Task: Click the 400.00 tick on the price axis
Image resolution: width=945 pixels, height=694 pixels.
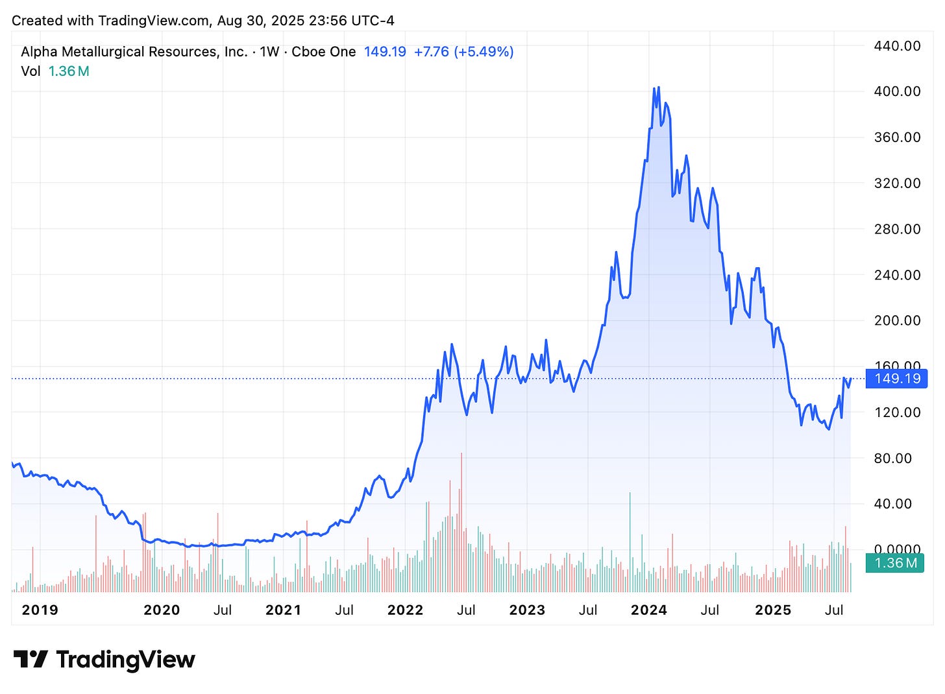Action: (897, 91)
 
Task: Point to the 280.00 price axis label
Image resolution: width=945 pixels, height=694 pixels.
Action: (897, 229)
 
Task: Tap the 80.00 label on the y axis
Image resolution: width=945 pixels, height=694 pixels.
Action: (897, 458)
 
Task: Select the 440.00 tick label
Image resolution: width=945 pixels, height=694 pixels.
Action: (897, 46)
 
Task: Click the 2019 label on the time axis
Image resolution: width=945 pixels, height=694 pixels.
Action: (40, 610)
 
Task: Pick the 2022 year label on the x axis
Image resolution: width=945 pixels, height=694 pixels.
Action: (405, 610)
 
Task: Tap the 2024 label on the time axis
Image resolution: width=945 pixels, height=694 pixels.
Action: (648, 610)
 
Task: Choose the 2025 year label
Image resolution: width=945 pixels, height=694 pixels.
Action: (773, 610)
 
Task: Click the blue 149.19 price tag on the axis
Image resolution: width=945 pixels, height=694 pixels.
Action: (897, 378)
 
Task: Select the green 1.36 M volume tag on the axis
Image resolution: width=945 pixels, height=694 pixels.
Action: (896, 563)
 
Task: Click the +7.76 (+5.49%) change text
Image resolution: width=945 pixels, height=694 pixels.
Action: (464, 52)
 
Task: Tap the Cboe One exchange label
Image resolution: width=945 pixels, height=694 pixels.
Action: (323, 52)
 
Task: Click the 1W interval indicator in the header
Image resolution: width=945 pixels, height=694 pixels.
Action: (269, 52)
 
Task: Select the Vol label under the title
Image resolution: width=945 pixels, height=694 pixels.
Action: (31, 71)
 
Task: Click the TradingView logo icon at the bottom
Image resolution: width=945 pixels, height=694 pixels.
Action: (31, 660)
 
